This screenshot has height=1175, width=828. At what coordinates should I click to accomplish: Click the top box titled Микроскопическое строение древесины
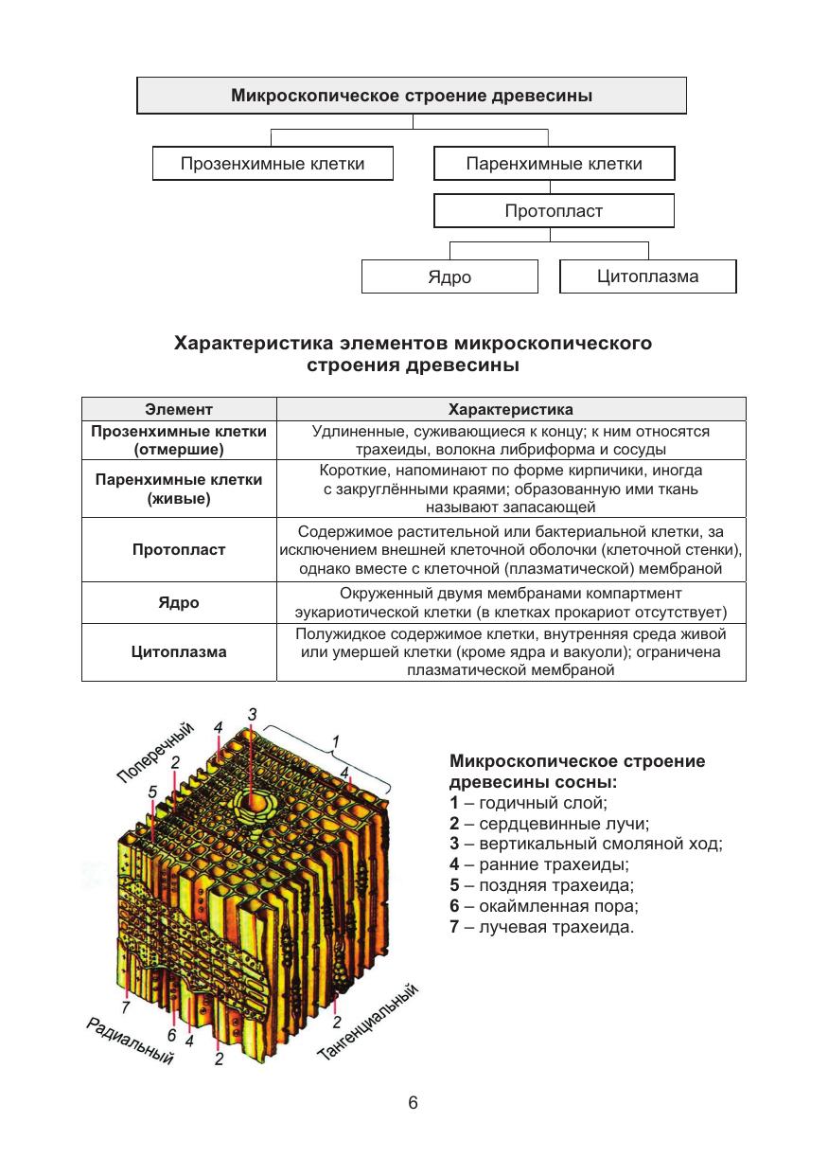[412, 96]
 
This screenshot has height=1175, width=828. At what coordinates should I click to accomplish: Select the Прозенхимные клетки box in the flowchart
[273, 164]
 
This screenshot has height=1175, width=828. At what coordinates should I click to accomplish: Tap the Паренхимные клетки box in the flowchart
[554, 164]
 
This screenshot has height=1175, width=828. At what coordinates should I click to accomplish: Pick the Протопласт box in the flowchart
[554, 210]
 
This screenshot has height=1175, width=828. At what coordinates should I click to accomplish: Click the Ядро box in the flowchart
[449, 277]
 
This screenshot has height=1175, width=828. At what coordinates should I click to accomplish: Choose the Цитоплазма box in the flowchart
[647, 276]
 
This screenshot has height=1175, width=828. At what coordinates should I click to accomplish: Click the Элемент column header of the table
[179, 410]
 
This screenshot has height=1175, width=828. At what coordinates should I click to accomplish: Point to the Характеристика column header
[510, 410]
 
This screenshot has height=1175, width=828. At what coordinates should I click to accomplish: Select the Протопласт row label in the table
[179, 550]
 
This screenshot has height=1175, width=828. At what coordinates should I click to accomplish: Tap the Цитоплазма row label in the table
[179, 652]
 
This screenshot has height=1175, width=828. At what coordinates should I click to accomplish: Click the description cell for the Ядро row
[510, 602]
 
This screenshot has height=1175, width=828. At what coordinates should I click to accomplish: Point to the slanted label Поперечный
[156, 752]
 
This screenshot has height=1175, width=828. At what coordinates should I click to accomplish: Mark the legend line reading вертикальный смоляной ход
[586, 844]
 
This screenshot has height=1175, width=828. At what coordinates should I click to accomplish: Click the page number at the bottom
[413, 1103]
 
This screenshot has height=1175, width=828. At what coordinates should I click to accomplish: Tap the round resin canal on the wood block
[253, 804]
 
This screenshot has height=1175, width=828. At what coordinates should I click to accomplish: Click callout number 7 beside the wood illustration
[126, 1006]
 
